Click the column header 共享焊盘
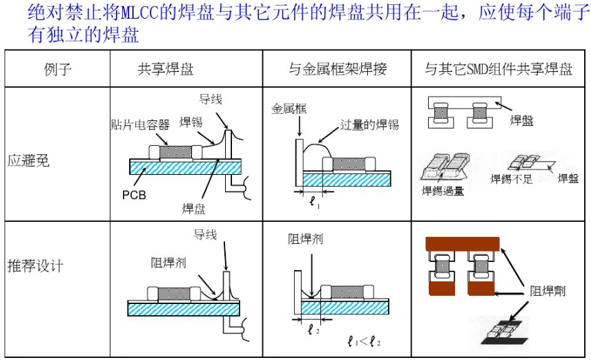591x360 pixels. [x=166, y=69]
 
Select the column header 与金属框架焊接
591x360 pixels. [x=338, y=69]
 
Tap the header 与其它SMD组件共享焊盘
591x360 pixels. [x=498, y=69]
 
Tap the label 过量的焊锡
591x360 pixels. [x=369, y=125]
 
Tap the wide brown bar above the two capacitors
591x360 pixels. [x=462, y=243]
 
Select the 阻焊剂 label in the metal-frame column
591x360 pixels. [x=305, y=239]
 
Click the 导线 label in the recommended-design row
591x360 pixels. [x=205, y=235]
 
